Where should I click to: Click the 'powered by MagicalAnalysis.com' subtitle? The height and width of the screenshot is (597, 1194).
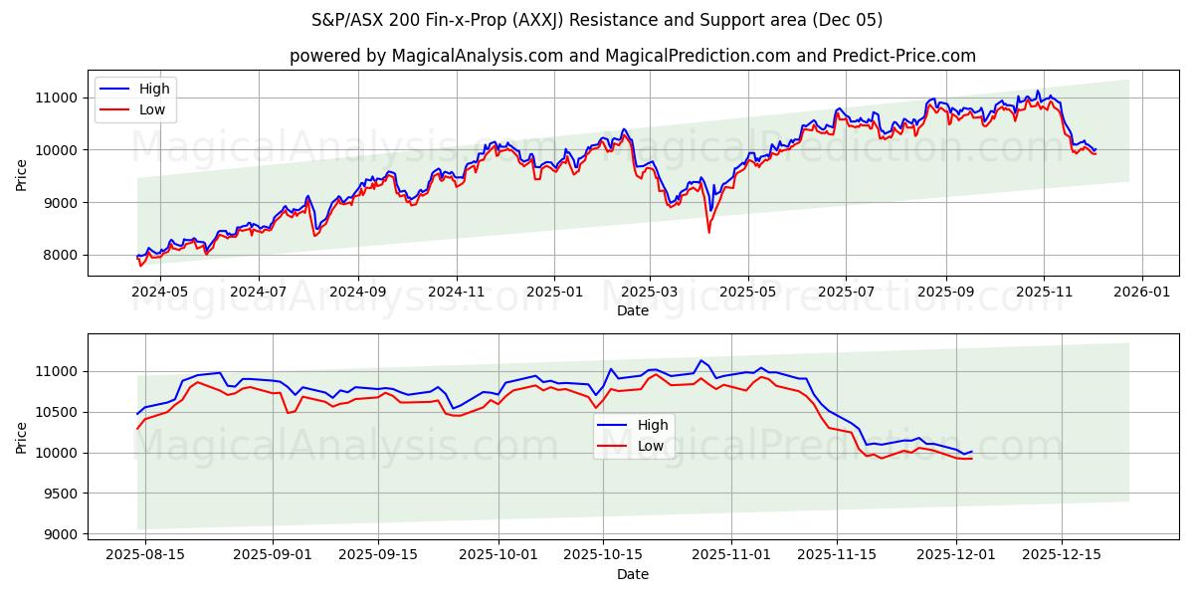click(633, 56)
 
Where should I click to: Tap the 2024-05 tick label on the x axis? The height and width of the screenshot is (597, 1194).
click(160, 293)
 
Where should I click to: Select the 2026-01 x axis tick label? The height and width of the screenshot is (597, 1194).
click(1141, 293)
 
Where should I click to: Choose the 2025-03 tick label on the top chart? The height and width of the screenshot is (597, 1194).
click(650, 293)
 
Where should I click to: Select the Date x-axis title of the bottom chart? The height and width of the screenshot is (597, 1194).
click(633, 574)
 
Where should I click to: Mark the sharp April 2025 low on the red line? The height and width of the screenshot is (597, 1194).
click(708, 233)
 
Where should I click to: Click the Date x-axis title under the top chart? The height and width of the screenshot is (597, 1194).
click(633, 310)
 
